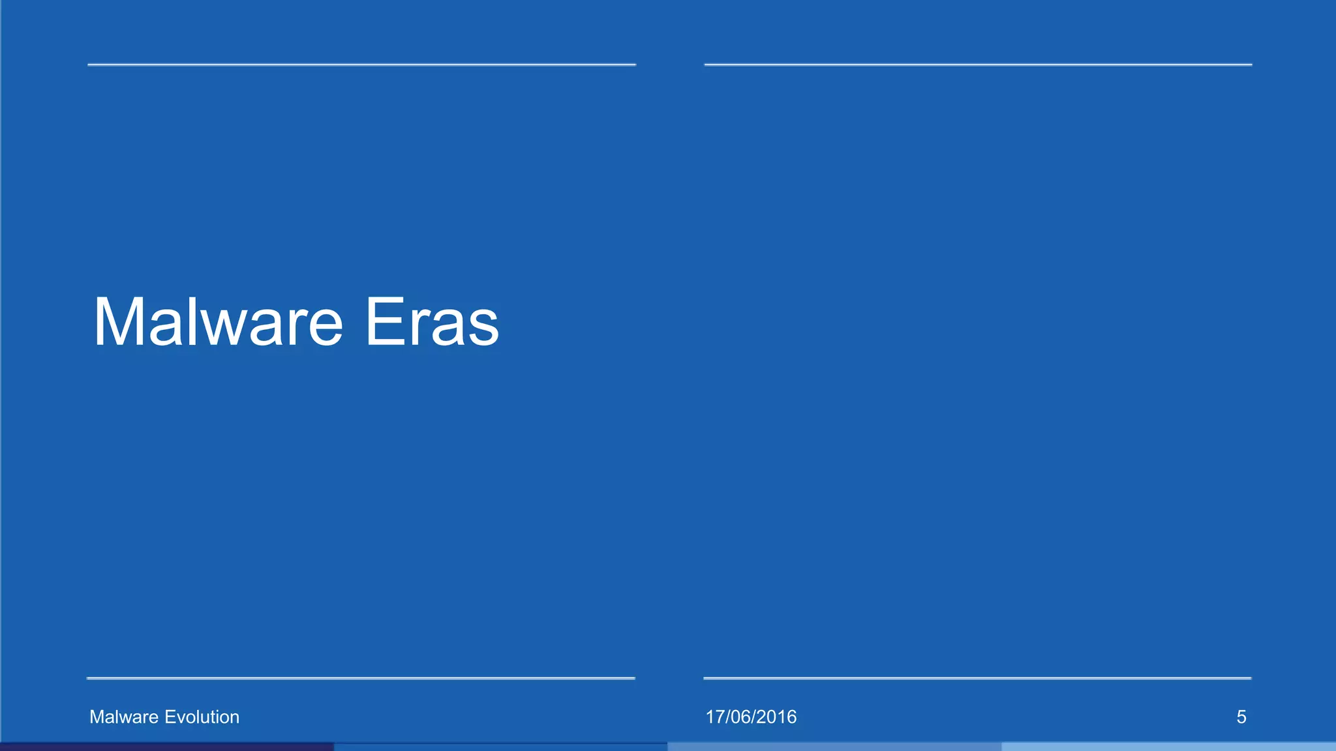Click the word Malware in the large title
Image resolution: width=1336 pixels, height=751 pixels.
point(218,322)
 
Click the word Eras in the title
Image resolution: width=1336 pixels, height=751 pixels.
point(432,322)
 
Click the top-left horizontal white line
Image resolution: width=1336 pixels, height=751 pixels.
point(361,65)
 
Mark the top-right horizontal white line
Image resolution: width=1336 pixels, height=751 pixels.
point(978,65)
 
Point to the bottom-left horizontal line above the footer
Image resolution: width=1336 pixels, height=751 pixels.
point(361,678)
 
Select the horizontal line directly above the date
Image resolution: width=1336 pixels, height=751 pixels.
point(977,678)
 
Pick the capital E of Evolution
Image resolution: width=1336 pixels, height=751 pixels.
point(170,717)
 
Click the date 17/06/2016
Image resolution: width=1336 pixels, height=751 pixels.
point(751,717)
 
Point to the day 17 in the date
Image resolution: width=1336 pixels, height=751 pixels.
point(714,717)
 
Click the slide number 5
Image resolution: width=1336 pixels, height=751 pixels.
point(1241,717)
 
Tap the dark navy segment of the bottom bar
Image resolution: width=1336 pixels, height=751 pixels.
point(166,747)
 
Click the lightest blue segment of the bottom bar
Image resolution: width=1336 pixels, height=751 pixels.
point(1168,747)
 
